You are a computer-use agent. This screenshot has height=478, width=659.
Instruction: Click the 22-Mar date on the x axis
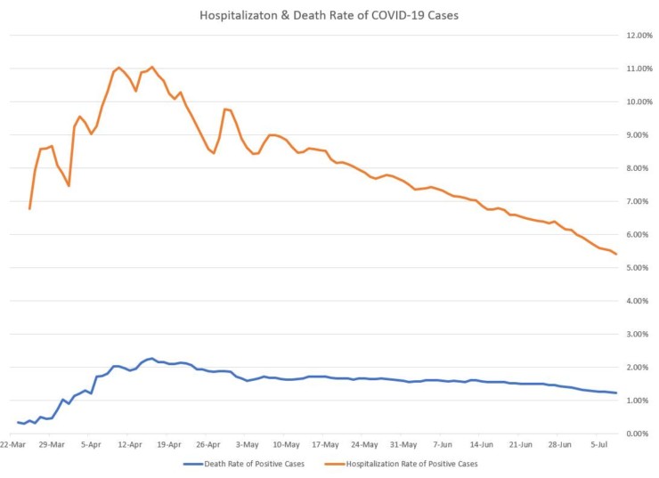click(x=13, y=443)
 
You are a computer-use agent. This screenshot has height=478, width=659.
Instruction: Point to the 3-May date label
click(x=247, y=443)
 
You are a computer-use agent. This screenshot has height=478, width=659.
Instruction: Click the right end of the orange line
click(x=617, y=255)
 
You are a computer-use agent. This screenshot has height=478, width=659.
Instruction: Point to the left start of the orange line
click(x=29, y=209)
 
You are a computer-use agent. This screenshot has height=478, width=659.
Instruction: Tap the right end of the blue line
click(x=617, y=393)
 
